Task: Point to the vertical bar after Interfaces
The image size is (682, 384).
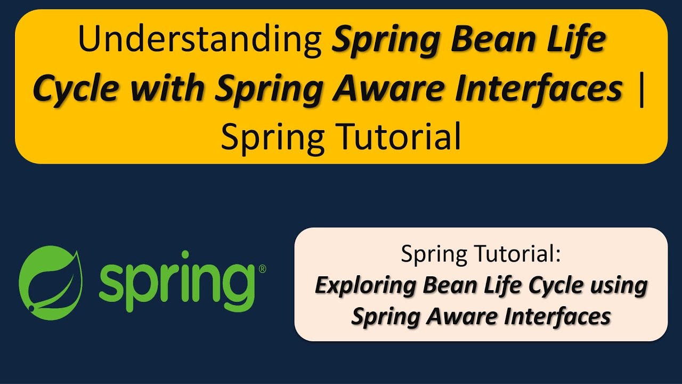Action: (x=640, y=89)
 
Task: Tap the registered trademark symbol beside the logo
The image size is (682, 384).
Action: (x=262, y=270)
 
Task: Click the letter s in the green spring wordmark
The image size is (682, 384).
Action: (x=112, y=279)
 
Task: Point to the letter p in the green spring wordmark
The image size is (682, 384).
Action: (x=144, y=285)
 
